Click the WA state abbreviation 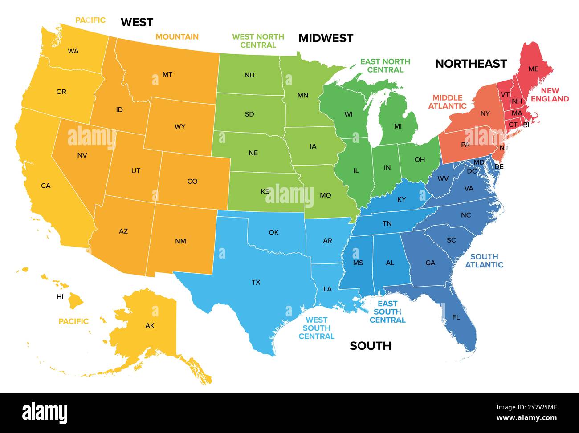[73, 51]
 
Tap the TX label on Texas [256, 282]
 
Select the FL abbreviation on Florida [456, 317]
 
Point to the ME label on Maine [533, 69]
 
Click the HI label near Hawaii [60, 297]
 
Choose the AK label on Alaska [150, 326]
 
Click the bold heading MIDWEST [326, 38]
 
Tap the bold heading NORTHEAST [471, 64]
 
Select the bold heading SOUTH [370, 346]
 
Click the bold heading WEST [137, 22]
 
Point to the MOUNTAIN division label [177, 37]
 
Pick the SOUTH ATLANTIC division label [484, 261]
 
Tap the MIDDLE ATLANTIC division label [447, 102]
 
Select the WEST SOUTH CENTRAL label [316, 328]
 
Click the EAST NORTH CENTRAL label [385, 65]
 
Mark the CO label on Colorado [192, 182]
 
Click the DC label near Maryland [472, 171]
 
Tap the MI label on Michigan [398, 126]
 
